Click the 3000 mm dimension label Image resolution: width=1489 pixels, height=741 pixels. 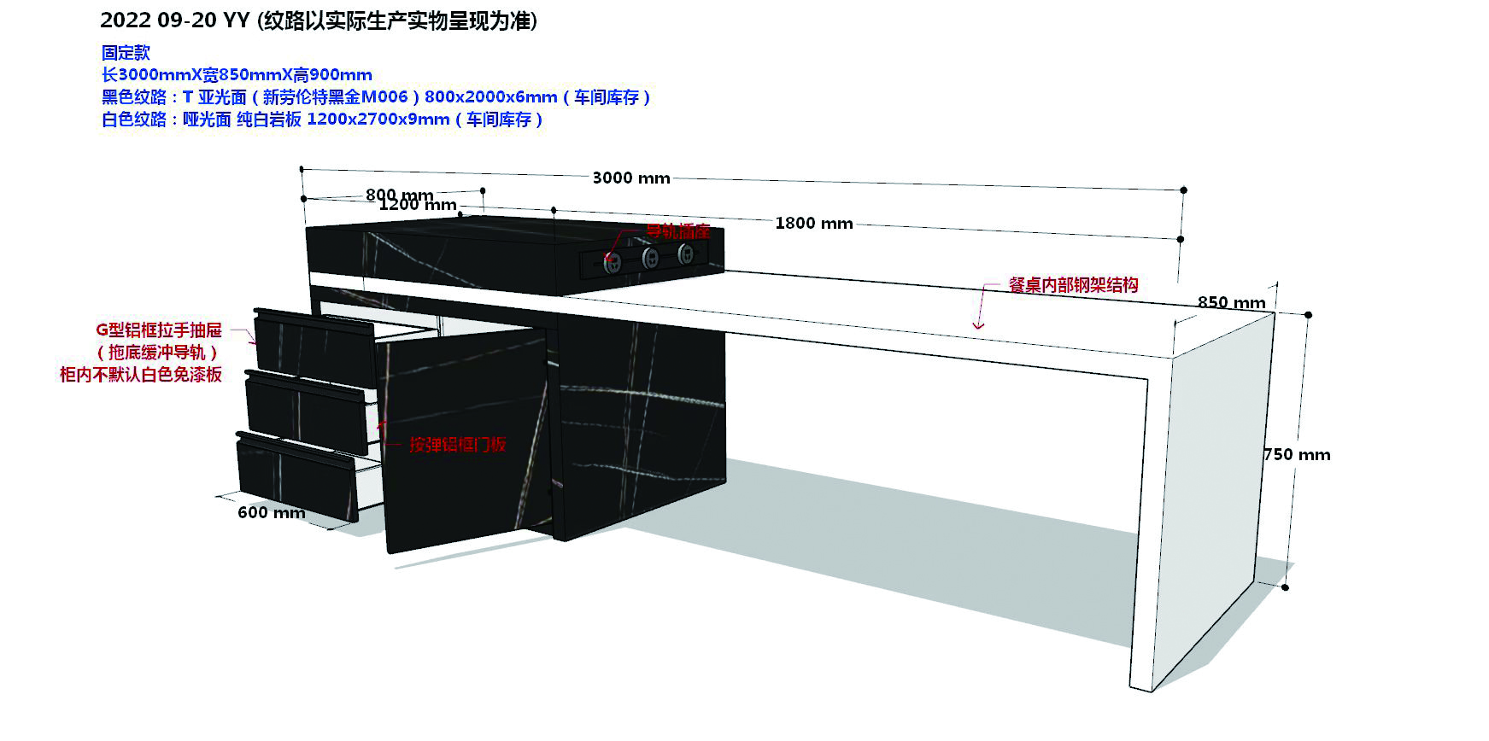click(x=630, y=178)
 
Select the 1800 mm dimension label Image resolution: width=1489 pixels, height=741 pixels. click(x=813, y=224)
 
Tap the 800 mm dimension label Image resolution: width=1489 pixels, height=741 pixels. click(x=399, y=195)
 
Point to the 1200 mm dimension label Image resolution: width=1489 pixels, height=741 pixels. click(x=418, y=205)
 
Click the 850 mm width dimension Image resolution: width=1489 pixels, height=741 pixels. click(x=1231, y=302)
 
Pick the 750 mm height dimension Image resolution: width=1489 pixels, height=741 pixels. click(x=1297, y=455)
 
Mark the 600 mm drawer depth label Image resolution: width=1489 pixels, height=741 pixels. click(x=271, y=512)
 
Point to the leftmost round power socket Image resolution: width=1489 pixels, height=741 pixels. click(x=613, y=263)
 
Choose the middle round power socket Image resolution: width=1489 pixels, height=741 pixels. click(x=650, y=258)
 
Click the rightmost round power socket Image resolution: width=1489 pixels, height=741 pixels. click(x=686, y=254)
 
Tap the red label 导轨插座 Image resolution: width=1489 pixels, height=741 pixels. click(x=677, y=230)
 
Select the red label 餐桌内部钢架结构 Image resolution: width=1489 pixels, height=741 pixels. click(x=1073, y=285)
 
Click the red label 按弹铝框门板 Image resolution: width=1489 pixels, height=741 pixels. click(x=457, y=444)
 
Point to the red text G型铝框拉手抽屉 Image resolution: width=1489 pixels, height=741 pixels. click(x=158, y=330)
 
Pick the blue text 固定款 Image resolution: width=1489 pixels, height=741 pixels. click(x=126, y=53)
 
